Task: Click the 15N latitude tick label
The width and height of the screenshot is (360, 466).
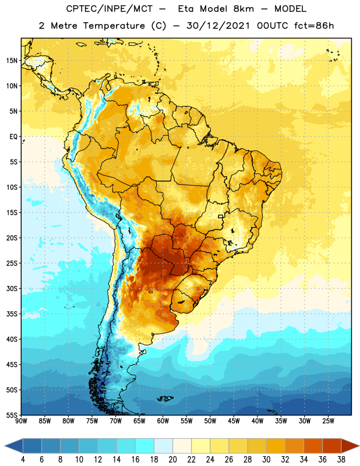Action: point(12,61)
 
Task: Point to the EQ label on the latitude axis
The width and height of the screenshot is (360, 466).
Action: point(13,137)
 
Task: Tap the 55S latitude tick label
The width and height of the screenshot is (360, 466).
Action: point(12,415)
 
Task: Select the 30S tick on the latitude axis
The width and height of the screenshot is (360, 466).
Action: point(12,288)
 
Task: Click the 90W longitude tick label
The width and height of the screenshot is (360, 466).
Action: point(21,421)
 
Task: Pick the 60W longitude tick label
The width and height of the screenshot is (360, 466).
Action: point(163,421)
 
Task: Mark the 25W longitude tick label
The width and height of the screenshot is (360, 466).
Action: point(328,421)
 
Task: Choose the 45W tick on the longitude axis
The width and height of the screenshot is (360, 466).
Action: point(234,421)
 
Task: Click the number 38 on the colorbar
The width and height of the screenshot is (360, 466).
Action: point(341,460)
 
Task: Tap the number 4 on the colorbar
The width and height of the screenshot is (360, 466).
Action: point(23,460)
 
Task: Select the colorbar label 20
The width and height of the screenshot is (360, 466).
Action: point(172,460)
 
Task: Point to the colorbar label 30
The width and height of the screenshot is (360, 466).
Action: point(266,460)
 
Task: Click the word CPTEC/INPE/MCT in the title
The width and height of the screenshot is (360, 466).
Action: point(110,9)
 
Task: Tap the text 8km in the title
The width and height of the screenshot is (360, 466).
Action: point(243,9)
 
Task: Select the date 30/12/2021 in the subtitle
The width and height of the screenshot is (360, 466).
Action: point(218,26)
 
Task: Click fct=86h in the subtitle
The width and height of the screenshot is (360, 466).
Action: point(314,26)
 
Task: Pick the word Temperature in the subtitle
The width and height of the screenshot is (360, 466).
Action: point(114,26)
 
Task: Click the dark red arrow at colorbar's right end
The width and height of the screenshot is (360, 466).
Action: point(350,446)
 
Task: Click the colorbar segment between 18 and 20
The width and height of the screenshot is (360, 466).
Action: point(163,446)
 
